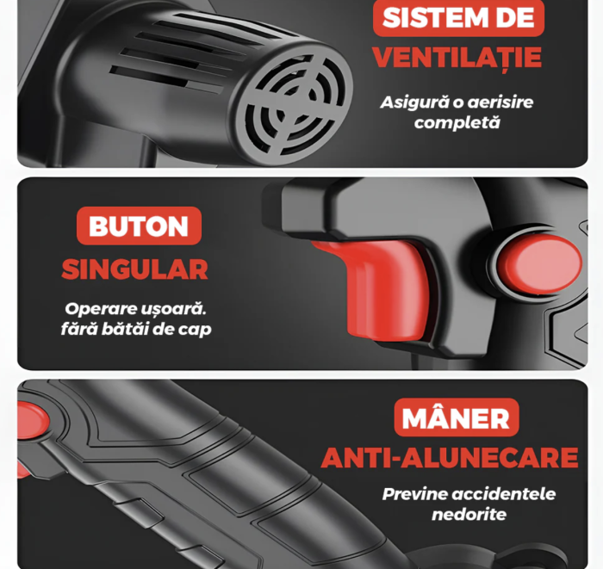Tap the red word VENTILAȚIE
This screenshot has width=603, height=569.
457,57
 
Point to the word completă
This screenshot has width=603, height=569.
457,122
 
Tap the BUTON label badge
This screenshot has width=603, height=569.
138,226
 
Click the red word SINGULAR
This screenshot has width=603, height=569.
134,269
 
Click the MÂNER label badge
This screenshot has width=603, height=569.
457,418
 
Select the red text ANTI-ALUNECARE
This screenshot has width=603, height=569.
449,458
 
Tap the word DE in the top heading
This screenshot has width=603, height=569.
513,17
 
